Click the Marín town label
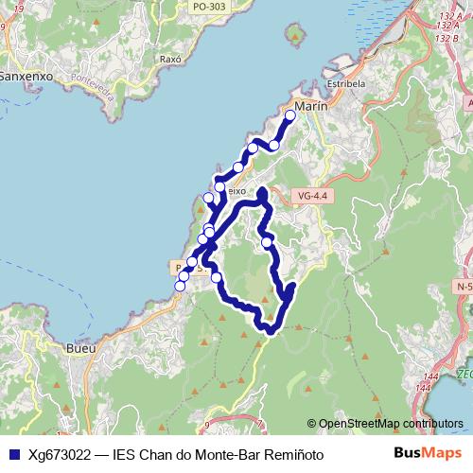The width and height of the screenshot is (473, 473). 310,107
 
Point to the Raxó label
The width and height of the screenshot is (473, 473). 171,58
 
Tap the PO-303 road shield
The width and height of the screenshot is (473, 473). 208,6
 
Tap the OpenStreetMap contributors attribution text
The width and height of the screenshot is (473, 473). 390,424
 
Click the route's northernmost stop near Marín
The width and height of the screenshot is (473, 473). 290,115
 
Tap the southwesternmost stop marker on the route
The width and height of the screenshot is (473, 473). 180,286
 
